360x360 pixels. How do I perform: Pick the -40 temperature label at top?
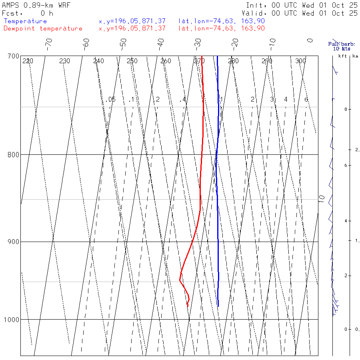click(x=160, y=42)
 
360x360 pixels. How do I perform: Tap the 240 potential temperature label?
click(x=98, y=61)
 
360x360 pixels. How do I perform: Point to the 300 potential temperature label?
click(x=300, y=61)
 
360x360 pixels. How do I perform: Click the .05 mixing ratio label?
click(x=111, y=99)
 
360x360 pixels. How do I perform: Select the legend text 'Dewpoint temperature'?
click(x=43, y=28)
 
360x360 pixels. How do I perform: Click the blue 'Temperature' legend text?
click(x=25, y=21)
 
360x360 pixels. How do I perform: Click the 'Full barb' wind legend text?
click(x=339, y=44)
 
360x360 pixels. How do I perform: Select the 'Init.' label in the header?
click(x=256, y=6)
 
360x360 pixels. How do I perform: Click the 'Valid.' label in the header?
click(x=257, y=13)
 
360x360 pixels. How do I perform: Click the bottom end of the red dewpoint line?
click(x=187, y=306)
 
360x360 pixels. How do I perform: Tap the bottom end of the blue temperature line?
click(x=218, y=306)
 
